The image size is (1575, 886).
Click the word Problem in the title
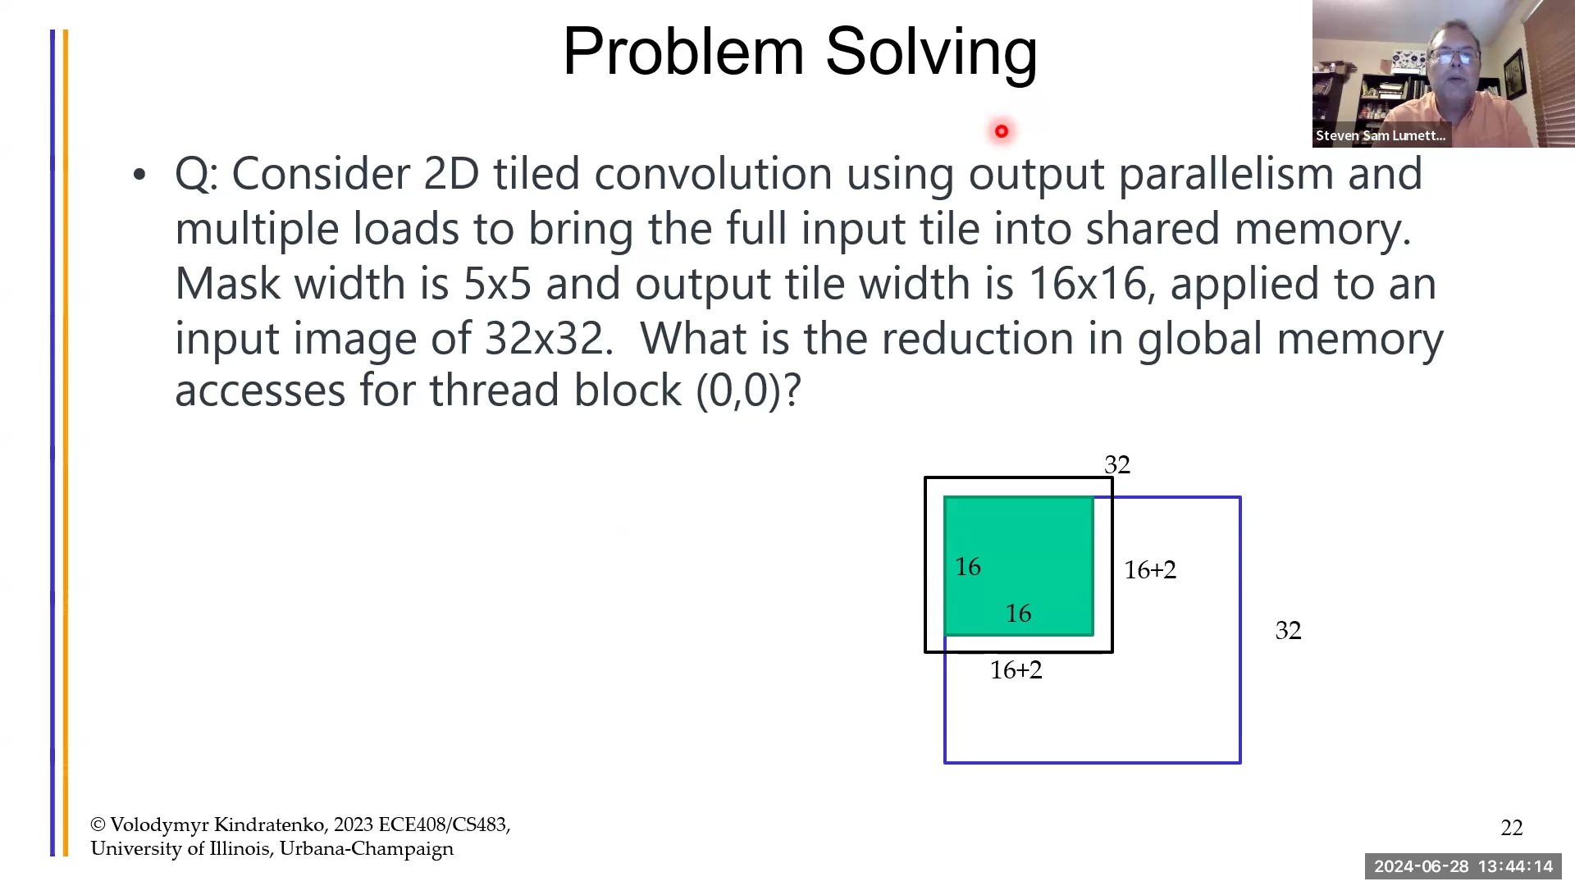click(x=682, y=53)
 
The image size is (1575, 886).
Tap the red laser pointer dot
click(x=1002, y=131)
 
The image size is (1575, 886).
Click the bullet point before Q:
click(x=139, y=175)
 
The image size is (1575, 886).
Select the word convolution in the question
click(x=712, y=174)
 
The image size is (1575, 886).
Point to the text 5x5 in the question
click(x=497, y=284)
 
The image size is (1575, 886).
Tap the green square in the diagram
click(x=1018, y=566)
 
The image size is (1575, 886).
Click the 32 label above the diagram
click(x=1117, y=465)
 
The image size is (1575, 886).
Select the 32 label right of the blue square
click(x=1288, y=631)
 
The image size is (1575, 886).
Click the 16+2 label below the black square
click(x=1016, y=670)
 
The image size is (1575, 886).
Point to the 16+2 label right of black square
click(x=1149, y=570)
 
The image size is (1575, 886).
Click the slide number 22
click(x=1511, y=829)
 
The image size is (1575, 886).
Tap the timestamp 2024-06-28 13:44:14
click(x=1463, y=866)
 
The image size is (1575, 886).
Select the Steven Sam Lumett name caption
click(x=1381, y=136)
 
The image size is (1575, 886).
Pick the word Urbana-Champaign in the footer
click(x=366, y=849)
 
